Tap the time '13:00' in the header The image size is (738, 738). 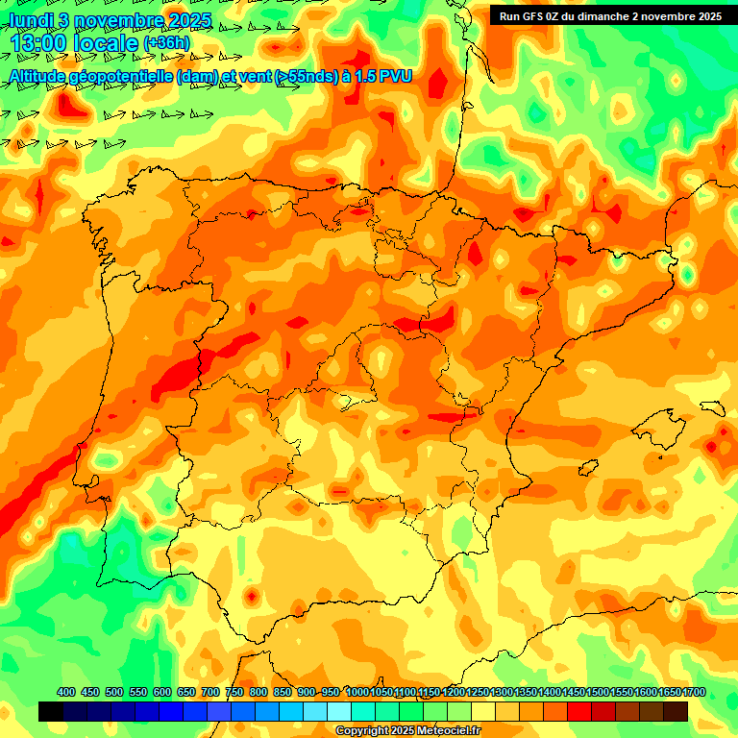(39, 44)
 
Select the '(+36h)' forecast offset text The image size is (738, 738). (166, 43)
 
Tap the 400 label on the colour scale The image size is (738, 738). (66, 692)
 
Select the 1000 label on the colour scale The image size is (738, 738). (357, 692)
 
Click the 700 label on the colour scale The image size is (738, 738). (210, 692)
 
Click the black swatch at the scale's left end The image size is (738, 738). (51, 711)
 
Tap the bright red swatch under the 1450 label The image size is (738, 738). (579, 711)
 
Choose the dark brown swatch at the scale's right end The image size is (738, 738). (676, 711)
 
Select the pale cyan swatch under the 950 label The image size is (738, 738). (339, 711)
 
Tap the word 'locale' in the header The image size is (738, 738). (105, 44)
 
